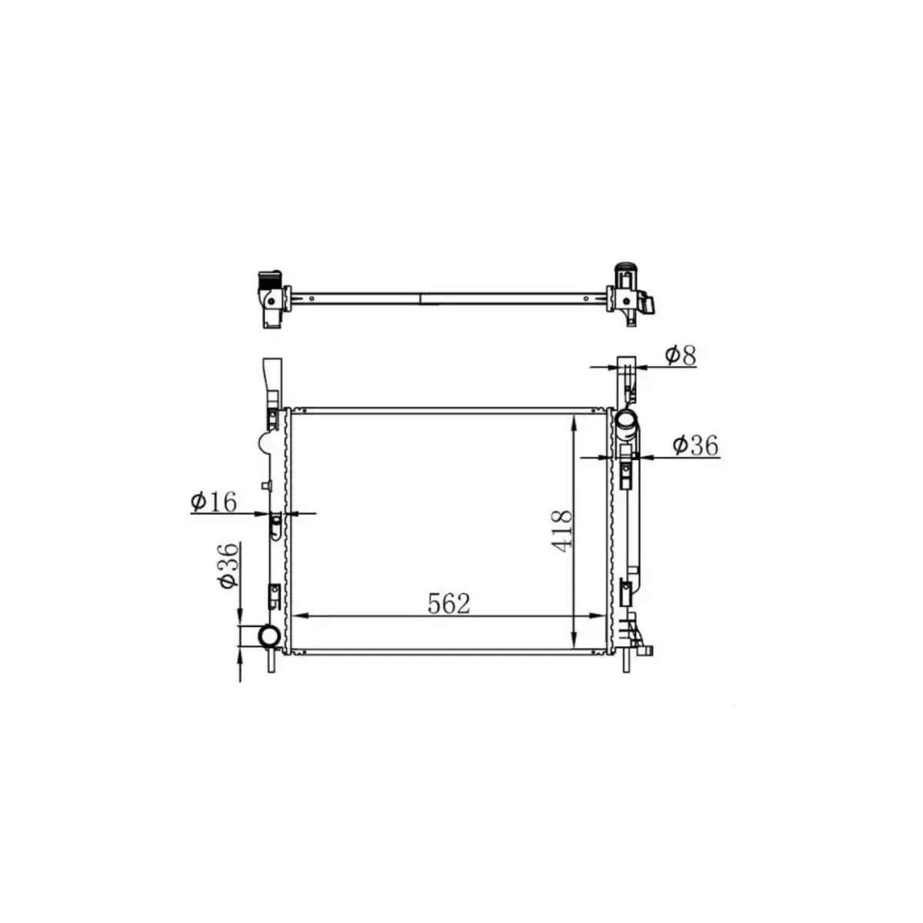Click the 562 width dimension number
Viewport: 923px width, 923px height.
(x=448, y=604)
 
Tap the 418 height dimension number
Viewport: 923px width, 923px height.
(x=562, y=531)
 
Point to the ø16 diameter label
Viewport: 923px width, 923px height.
(x=213, y=501)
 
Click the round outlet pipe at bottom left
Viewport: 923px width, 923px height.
(x=269, y=636)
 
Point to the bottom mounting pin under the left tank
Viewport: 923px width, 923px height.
(x=271, y=661)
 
